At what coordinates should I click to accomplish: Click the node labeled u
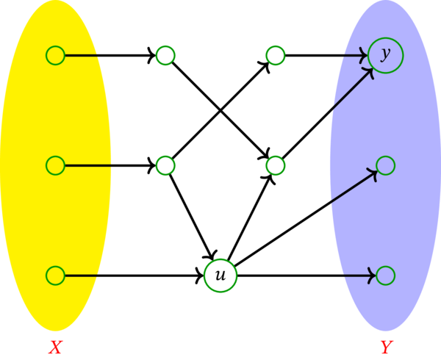point(220,276)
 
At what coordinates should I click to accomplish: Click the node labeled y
point(385,55)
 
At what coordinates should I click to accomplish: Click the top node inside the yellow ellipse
point(55,55)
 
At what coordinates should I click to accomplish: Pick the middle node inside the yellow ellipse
point(55,165)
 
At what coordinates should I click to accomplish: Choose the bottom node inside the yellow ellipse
point(55,276)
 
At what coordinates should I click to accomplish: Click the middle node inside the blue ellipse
point(385,165)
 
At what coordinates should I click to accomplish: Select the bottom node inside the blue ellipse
point(385,276)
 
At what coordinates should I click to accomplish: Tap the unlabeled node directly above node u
point(165,165)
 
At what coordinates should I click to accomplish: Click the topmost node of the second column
point(165,55)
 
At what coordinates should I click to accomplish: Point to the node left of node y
point(275,55)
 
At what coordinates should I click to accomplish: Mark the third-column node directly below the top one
point(275,165)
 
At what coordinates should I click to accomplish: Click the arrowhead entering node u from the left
point(201,276)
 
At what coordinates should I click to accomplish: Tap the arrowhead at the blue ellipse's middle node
point(373,172)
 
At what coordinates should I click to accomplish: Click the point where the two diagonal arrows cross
point(220,110)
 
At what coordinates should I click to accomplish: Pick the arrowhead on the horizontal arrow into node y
point(365,55)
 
